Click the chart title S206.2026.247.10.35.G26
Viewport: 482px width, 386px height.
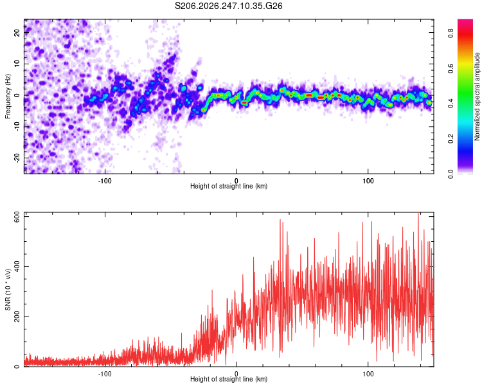228,6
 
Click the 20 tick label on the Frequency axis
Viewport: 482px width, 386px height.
17,32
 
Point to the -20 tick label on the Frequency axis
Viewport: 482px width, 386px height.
17,158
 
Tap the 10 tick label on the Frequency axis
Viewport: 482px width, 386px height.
17,64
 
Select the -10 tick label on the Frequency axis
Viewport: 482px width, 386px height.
17,127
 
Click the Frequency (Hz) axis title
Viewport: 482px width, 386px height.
8,96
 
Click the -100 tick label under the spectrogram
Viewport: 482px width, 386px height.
105,181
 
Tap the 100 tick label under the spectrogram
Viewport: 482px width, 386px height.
368,181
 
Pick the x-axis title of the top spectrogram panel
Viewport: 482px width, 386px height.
229,186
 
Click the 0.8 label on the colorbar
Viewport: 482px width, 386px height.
451,33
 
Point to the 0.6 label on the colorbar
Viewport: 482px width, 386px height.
451,68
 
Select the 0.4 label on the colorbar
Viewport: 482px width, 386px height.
451,104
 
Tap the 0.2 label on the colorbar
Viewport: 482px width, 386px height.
451,139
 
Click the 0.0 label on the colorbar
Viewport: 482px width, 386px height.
451,174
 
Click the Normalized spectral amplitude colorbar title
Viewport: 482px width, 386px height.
477,96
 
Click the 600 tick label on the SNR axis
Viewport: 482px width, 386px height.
17,217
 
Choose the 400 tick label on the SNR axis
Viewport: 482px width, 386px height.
17,266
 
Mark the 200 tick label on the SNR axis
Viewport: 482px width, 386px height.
17,317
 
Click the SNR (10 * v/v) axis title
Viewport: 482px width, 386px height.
8,289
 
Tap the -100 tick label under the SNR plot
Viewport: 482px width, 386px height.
105,374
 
